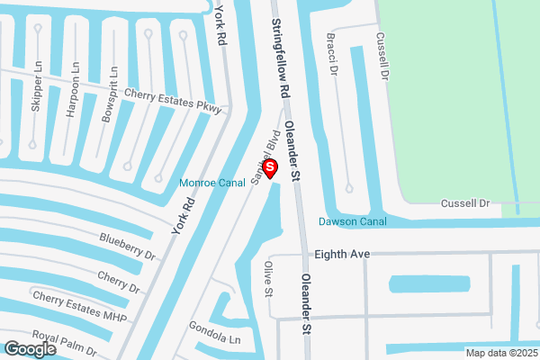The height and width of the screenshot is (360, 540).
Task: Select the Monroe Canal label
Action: [x=212, y=183]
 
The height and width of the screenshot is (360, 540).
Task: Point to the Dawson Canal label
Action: [x=353, y=221]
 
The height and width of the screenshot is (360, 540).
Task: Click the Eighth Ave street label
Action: [x=342, y=255]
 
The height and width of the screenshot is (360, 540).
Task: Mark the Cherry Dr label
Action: [x=119, y=283]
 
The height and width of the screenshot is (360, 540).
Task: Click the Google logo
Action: [x=31, y=348]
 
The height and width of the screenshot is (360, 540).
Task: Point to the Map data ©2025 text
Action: [x=500, y=353]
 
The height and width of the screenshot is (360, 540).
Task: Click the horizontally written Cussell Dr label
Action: [x=464, y=204]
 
